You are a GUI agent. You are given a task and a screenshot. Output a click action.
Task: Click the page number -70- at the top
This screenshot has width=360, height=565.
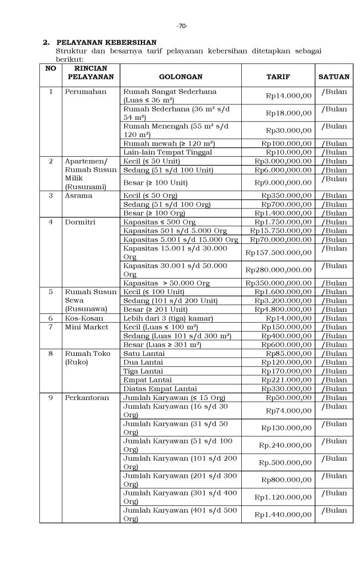click(x=182, y=26)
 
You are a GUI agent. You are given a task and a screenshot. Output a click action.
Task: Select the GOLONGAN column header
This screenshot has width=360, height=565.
click(x=180, y=76)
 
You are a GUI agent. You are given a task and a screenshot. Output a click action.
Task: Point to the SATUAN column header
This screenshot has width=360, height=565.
click(x=333, y=76)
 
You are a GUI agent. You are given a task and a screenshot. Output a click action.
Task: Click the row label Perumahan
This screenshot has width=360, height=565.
click(x=86, y=92)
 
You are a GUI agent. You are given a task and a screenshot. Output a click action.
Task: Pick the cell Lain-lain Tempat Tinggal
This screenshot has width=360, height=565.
click(x=167, y=152)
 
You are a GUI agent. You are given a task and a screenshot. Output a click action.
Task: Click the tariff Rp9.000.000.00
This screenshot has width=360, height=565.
click(x=283, y=183)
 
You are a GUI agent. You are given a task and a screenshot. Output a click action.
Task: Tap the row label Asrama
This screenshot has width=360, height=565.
click(x=78, y=195)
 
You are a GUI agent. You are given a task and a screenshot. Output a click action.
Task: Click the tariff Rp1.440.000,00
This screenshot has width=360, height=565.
click(x=283, y=514)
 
